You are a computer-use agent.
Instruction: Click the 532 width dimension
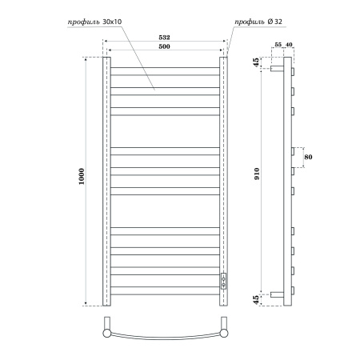tap(164, 38)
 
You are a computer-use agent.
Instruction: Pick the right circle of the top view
tap(225, 327)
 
